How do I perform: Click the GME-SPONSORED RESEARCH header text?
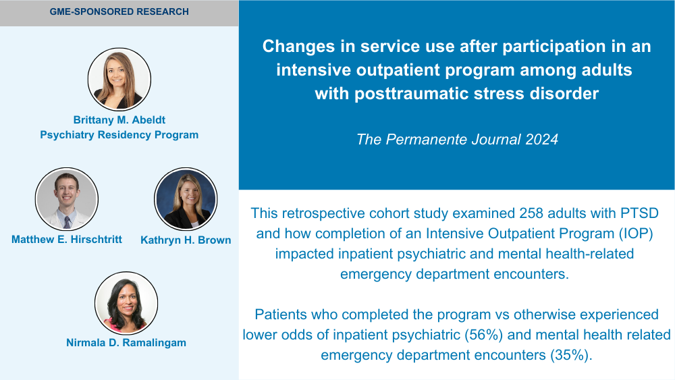pos(119,11)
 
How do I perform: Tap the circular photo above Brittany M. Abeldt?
pos(119,79)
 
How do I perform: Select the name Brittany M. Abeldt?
pos(119,119)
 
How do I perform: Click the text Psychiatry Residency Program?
pos(119,135)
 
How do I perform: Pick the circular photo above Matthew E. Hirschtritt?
pos(67,199)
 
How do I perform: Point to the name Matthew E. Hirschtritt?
pos(67,240)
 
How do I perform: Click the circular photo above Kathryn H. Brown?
pos(186,199)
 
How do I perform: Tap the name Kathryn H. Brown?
pos(186,240)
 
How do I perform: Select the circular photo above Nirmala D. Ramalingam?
pos(126,303)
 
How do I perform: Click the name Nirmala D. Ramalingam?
pos(126,343)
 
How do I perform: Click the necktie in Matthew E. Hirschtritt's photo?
pos(67,223)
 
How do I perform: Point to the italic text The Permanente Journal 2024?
pos(457,140)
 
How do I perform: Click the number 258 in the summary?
pos(531,213)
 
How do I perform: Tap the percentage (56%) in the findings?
pos(483,335)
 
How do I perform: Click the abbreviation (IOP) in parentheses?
pos(637,234)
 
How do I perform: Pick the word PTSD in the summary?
pos(639,213)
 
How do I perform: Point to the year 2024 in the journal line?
pos(541,140)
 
